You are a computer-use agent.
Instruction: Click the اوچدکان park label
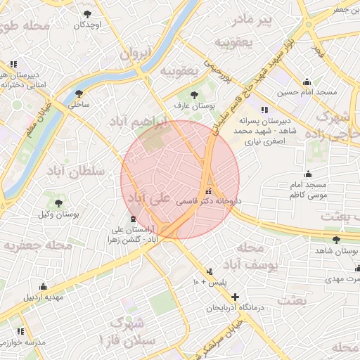pyautogui.click(x=87, y=25)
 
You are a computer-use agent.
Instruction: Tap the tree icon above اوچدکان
pyautogui.click(x=87, y=14)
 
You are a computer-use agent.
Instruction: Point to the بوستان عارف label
pyautogui.click(x=195, y=105)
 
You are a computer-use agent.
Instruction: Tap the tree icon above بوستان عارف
pyautogui.click(x=195, y=94)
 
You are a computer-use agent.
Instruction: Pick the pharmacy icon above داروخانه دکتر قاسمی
pyautogui.click(x=207, y=191)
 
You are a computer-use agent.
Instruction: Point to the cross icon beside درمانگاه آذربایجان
pyautogui.click(x=235, y=297)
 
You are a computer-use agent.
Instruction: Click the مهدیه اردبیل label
pyautogui.click(x=44, y=297)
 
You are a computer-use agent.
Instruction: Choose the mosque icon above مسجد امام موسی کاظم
pyautogui.click(x=307, y=174)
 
